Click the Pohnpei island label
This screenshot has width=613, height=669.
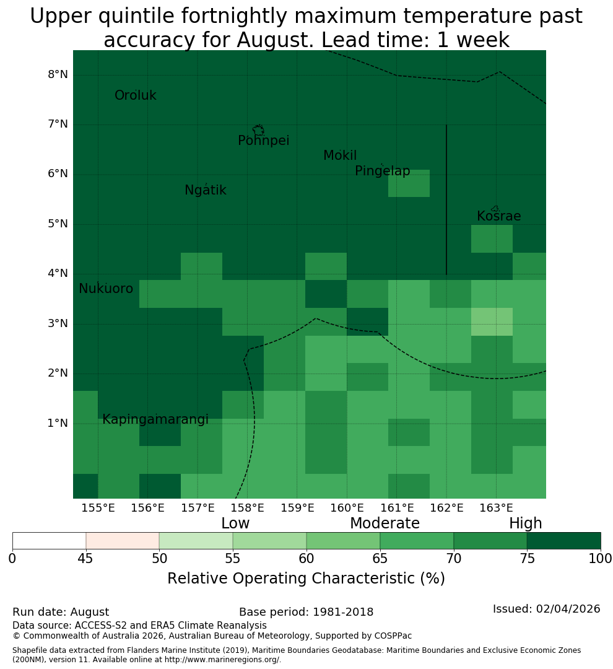(x=263, y=141)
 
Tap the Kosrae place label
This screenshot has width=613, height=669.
(x=498, y=216)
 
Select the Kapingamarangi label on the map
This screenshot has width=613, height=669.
(x=155, y=419)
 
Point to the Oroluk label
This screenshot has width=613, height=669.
(x=135, y=95)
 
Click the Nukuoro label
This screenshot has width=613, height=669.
(x=106, y=289)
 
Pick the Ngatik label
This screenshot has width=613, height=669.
(x=205, y=190)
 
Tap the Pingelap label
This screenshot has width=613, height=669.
(x=382, y=171)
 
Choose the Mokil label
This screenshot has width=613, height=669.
(x=340, y=155)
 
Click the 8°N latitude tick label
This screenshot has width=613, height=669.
(x=58, y=75)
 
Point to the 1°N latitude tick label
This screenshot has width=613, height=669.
(x=58, y=423)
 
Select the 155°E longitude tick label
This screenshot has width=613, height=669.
(x=98, y=508)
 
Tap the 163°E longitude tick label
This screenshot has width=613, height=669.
(x=496, y=508)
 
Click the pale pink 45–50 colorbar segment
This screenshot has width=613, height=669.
(x=123, y=541)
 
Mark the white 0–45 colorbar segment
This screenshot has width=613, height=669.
(x=50, y=541)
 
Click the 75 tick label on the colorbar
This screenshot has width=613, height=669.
(x=528, y=559)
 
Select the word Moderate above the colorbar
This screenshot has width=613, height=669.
(x=385, y=523)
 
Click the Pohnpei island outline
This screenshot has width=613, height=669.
(x=258, y=130)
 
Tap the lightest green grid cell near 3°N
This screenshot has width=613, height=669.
(x=492, y=321)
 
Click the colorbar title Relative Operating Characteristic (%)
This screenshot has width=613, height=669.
(x=306, y=579)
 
